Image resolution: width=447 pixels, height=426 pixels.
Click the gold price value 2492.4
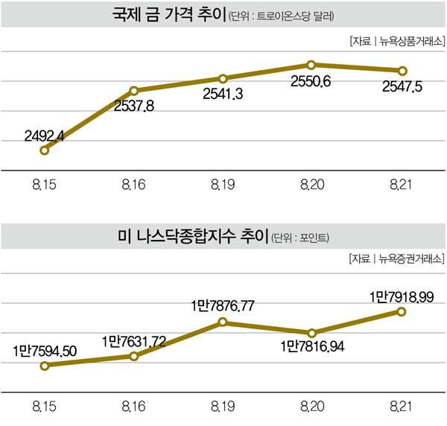pos(45,137)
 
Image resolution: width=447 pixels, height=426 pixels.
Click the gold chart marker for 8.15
pos(45,150)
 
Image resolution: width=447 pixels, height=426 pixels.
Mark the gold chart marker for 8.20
pos(311,65)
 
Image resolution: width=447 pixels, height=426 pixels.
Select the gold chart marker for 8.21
pos(402,71)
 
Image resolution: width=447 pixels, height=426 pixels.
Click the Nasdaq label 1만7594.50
pos(44,349)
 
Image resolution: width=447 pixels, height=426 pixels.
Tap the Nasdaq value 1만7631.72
pos(133,341)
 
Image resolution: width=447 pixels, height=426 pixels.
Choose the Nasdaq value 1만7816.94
pos(312,346)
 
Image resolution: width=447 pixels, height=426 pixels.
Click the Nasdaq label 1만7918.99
pos(402,296)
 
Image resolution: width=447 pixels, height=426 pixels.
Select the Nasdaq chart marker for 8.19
pos(223,322)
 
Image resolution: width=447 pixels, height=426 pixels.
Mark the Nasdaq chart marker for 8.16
pos(134,356)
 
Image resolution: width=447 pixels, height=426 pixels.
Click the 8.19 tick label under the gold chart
pos(223,183)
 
